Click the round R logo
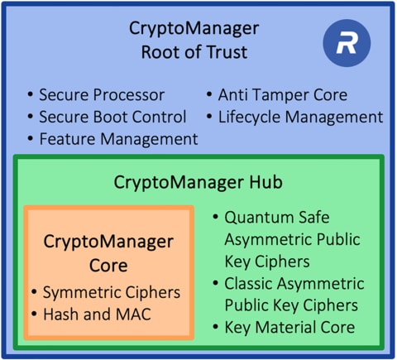pyautogui.click(x=345, y=45)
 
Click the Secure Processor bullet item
pyautogui.click(x=102, y=95)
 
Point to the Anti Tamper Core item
pyautogui.click(x=282, y=95)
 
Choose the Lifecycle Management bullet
pyautogui.click(x=299, y=117)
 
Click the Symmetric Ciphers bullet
pyautogui.click(x=106, y=292)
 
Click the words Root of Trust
pyautogui.click(x=194, y=54)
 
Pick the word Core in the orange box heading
pyautogui.click(x=108, y=266)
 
